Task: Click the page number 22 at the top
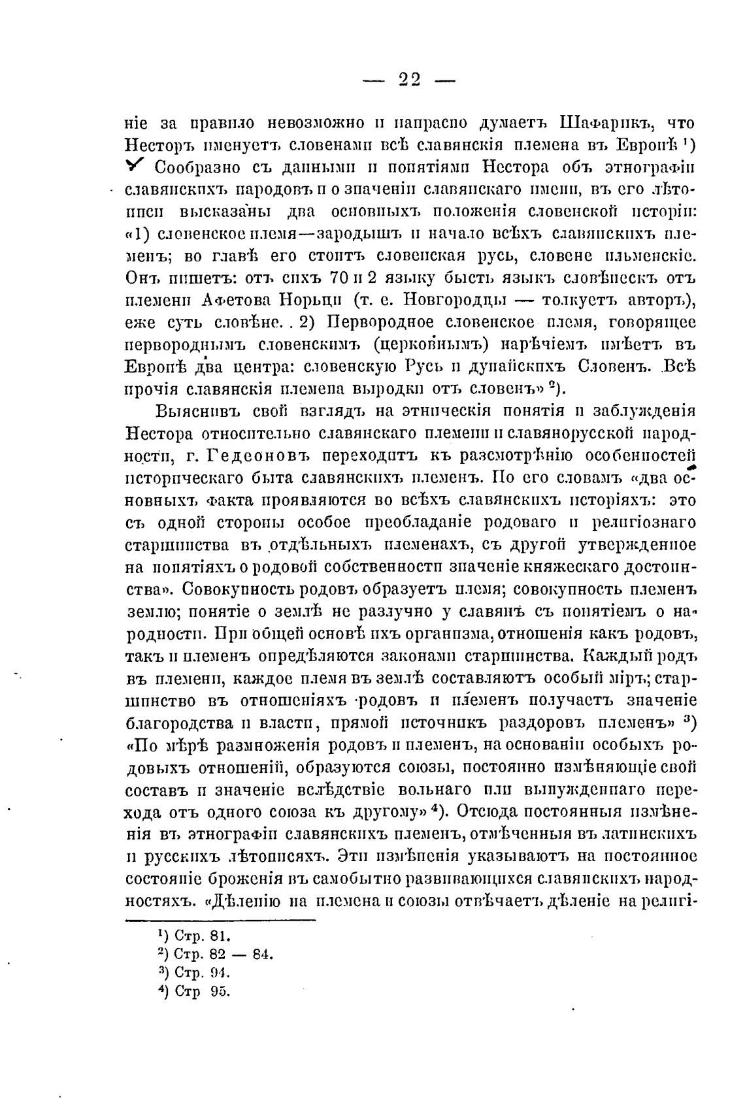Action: pos(409,80)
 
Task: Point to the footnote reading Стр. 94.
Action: pos(194,972)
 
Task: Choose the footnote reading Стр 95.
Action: pos(193,991)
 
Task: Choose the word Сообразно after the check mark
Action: pos(201,168)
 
